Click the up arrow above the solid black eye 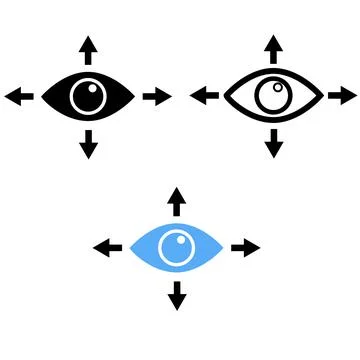click(x=89, y=49)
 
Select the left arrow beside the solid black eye click(x=18, y=96)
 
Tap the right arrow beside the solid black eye click(x=158, y=96)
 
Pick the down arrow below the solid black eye click(x=89, y=143)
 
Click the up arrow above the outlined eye click(x=273, y=49)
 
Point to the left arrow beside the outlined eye click(x=204, y=96)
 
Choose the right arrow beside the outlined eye click(x=342, y=96)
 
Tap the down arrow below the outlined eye click(x=273, y=143)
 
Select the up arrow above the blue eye click(x=177, y=200)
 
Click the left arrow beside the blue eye click(x=107, y=247)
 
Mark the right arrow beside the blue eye click(x=246, y=247)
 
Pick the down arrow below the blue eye click(x=177, y=294)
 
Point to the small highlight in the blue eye click(x=174, y=241)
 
